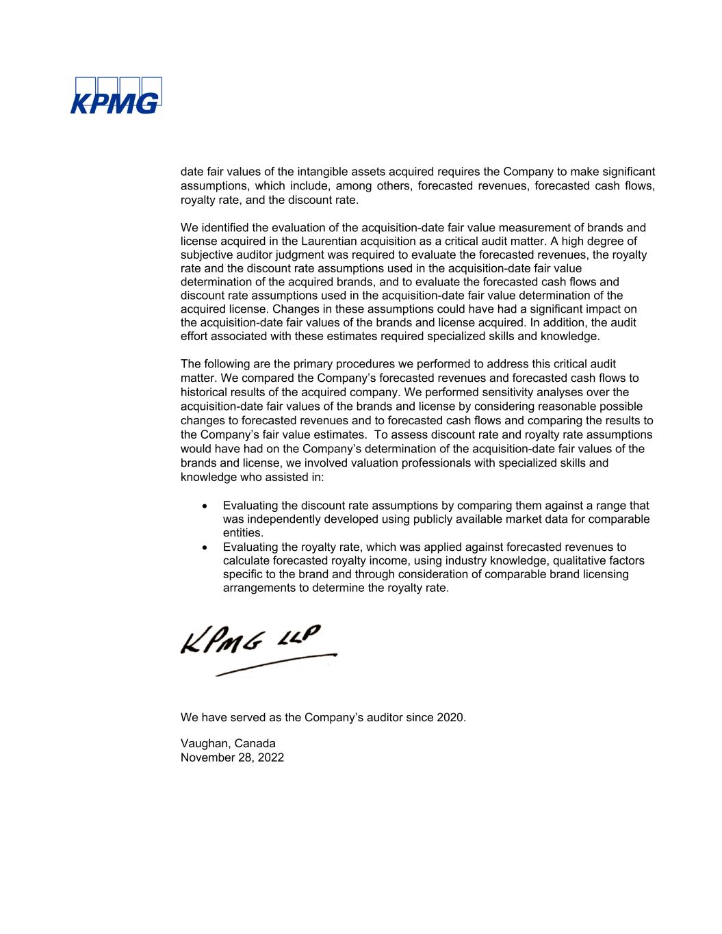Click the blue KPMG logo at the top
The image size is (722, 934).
click(116, 95)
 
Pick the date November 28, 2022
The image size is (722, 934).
click(232, 757)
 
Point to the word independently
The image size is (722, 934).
click(282, 519)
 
